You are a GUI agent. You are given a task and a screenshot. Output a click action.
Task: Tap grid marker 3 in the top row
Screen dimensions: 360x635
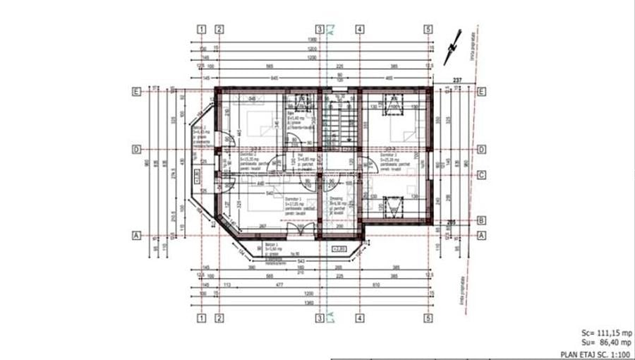click(320, 30)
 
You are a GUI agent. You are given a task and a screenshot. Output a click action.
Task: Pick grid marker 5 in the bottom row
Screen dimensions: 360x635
click(428, 318)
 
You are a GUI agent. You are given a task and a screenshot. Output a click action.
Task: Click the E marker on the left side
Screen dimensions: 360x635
click(135, 91)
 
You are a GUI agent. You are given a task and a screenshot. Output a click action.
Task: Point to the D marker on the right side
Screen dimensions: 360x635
click(481, 149)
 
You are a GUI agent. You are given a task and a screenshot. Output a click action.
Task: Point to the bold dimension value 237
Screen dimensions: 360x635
click(458, 80)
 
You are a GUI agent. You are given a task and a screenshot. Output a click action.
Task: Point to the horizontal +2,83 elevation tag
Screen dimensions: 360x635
click(339, 248)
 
